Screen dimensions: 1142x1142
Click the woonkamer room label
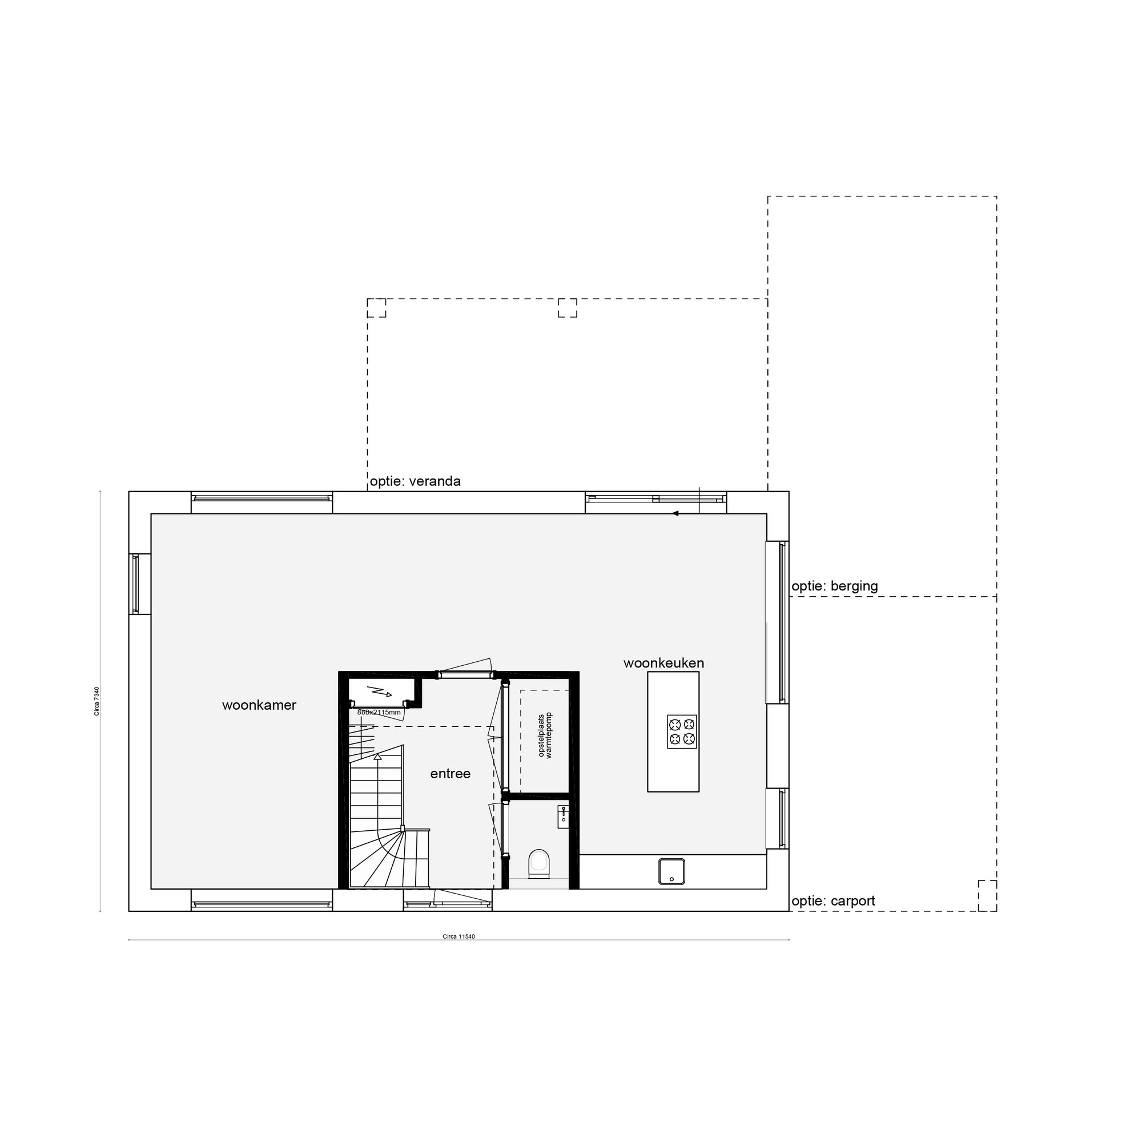pos(259,705)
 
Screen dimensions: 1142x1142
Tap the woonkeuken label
pos(663,663)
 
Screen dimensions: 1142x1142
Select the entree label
pos(450,774)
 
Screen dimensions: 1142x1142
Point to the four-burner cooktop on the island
pos(682,732)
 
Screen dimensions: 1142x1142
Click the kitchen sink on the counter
pos(671,872)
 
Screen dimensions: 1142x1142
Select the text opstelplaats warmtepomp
pos(544,735)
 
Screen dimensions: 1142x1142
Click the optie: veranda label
pos(415,481)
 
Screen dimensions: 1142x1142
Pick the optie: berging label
pos(834,586)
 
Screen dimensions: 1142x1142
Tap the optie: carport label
pos(833,901)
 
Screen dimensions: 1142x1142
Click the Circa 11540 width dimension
pos(459,936)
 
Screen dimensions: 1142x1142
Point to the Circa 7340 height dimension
pos(96,702)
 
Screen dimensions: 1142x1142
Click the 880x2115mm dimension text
pos(379,712)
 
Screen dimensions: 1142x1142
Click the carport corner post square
pos(987,895)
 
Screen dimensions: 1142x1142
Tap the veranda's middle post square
pos(567,308)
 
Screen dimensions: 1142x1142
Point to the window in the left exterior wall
pos(135,584)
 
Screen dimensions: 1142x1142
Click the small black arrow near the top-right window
pos(675,513)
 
